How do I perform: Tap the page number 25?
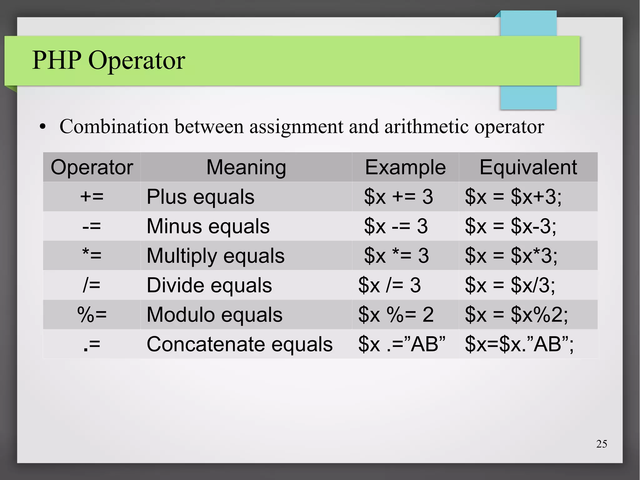pyautogui.click(x=601, y=444)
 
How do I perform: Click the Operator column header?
pyautogui.click(x=92, y=167)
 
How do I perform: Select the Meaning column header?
pyautogui.click(x=246, y=167)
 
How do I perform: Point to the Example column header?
pyautogui.click(x=405, y=167)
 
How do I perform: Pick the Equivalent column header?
pyautogui.click(x=528, y=167)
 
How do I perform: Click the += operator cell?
pyautogui.click(x=92, y=197)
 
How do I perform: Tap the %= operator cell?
pyautogui.click(x=92, y=315)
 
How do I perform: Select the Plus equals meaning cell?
pyautogui.click(x=201, y=197)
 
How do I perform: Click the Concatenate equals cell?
pyautogui.click(x=239, y=344)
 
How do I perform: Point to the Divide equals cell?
pyautogui.click(x=209, y=285)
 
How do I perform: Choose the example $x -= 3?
pyautogui.click(x=396, y=226)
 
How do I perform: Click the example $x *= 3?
pyautogui.click(x=396, y=255)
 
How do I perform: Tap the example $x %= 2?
pyautogui.click(x=396, y=315)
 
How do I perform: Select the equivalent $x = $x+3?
pyautogui.click(x=513, y=197)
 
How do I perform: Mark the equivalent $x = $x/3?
pyautogui.click(x=510, y=285)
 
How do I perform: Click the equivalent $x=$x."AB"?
pyautogui.click(x=519, y=344)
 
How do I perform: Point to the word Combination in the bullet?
pyautogui.click(x=114, y=127)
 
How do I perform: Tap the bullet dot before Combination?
pyautogui.click(x=43, y=127)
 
